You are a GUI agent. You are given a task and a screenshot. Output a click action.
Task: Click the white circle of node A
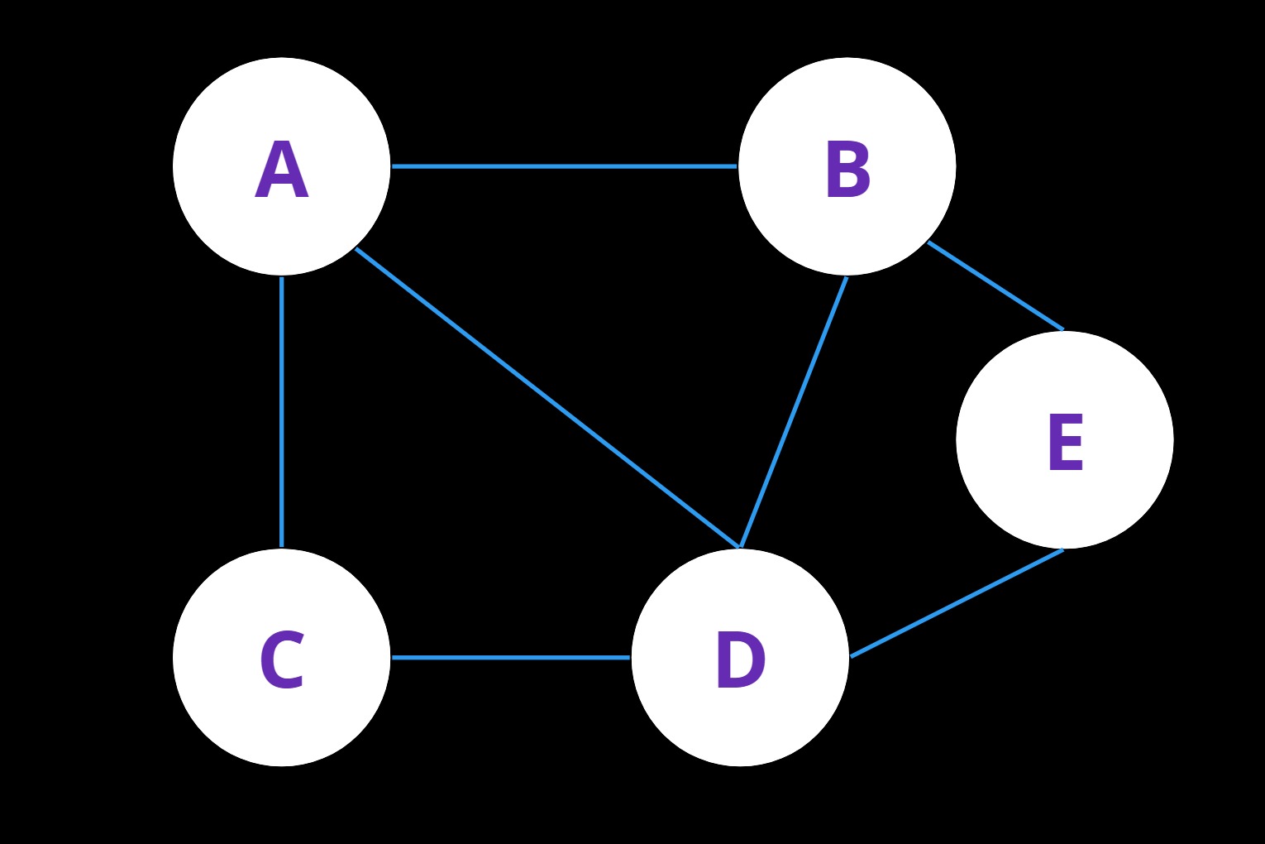[282, 166]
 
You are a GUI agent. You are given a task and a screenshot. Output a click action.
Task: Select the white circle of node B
[847, 166]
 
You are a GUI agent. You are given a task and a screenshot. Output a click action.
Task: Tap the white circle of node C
[282, 658]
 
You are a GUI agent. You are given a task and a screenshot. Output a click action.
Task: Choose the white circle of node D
[740, 658]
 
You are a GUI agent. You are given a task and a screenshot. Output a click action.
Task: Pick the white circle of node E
[1065, 440]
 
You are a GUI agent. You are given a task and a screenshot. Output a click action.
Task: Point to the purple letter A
[282, 169]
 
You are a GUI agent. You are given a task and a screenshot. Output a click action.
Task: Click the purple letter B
[847, 169]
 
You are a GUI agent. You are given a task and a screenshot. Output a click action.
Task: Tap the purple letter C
[282, 659]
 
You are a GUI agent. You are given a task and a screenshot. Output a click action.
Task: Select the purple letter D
[740, 659]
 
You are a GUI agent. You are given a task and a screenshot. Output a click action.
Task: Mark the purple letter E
[1066, 442]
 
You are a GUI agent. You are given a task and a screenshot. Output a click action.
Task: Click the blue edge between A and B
[564, 166]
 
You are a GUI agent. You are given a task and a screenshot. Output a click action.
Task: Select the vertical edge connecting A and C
[282, 412]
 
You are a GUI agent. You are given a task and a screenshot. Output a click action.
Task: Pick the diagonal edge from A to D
[547, 398]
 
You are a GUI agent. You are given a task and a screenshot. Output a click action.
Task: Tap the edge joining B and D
[794, 412]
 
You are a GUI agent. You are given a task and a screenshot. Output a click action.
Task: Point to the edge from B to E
[995, 286]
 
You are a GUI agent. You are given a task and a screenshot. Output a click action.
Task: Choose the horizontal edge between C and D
[510, 658]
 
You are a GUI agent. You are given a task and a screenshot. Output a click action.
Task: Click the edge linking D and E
[957, 603]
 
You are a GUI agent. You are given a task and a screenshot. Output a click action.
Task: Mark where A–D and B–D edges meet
[739, 548]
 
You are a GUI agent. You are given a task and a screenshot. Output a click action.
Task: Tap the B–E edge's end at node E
[1063, 329]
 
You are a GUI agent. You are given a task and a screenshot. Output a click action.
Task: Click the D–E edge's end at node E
[1063, 549]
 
